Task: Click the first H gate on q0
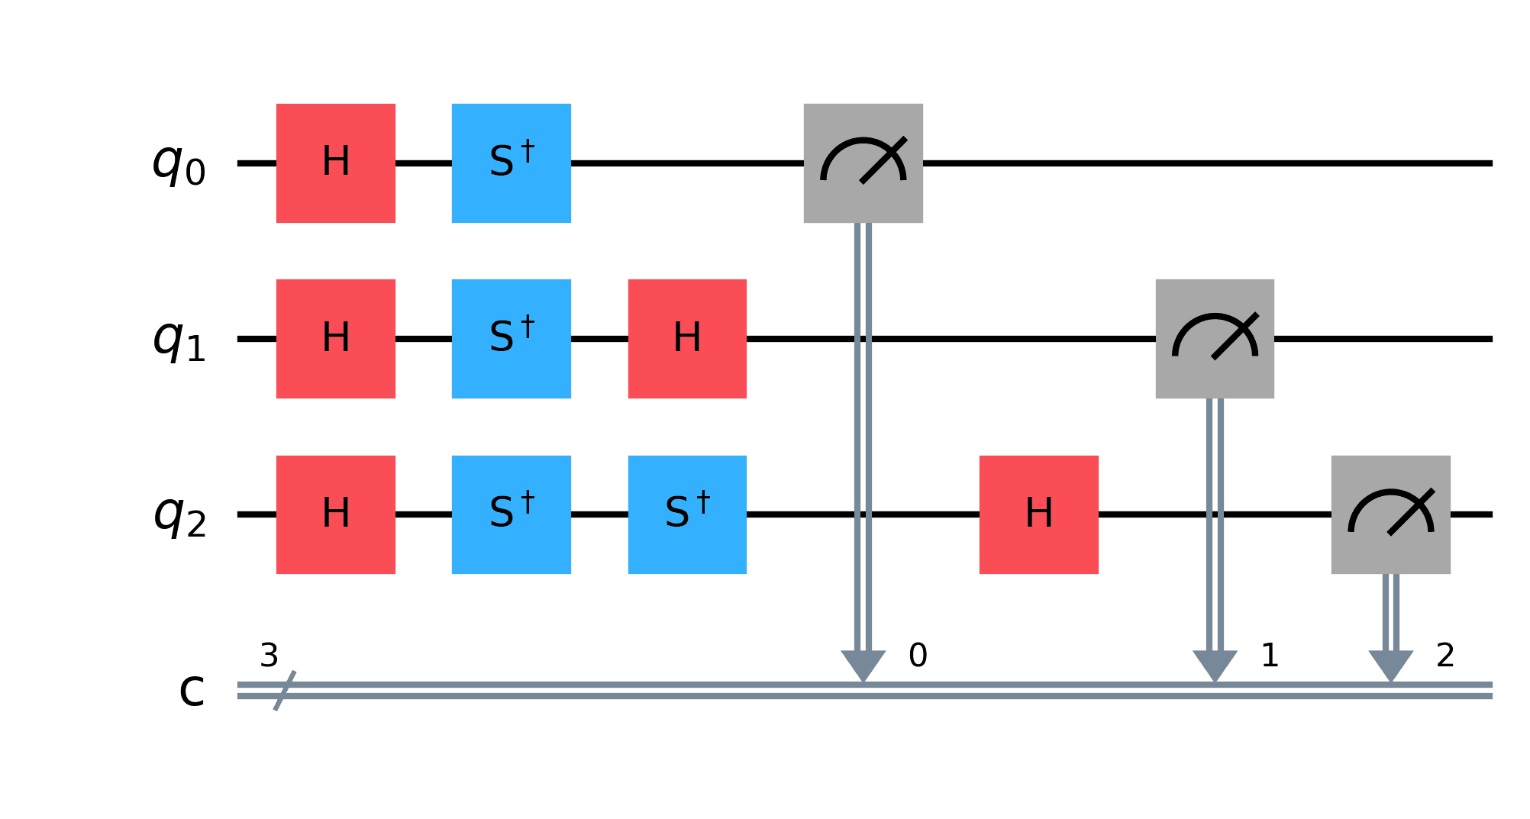336,163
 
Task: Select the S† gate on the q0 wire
512,163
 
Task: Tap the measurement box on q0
863,163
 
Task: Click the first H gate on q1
336,339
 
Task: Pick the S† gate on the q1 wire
512,339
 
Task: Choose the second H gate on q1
687,339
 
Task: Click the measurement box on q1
1215,339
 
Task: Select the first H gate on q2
336,514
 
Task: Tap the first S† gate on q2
512,514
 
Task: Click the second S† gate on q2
687,514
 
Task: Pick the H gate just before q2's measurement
1039,514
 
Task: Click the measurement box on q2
1390,514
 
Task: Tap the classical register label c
192,690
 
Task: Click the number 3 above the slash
269,656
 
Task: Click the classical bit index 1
1270,656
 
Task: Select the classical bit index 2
1445,656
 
